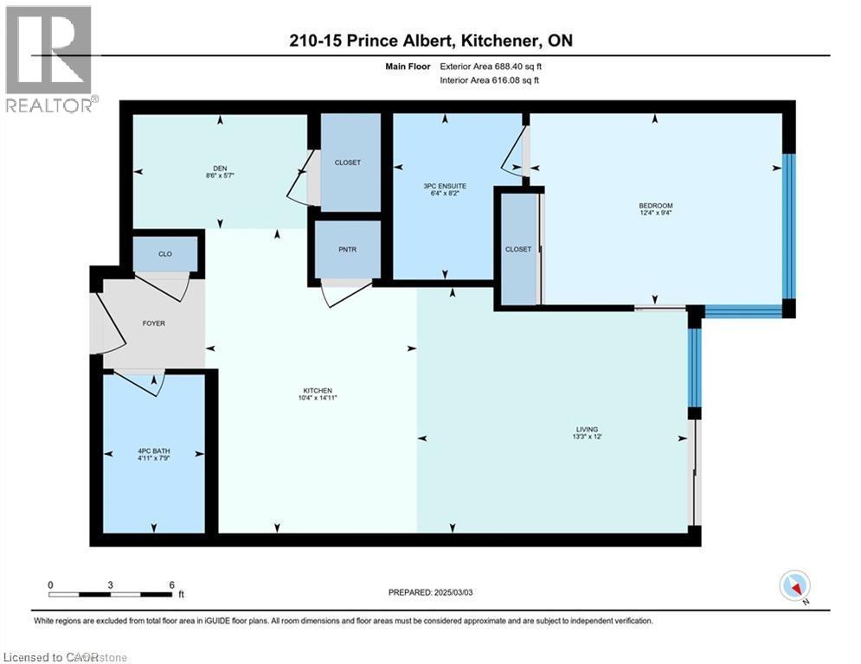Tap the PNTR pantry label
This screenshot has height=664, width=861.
(348, 250)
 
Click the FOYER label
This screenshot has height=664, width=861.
(153, 323)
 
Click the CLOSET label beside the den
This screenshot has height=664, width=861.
(347, 163)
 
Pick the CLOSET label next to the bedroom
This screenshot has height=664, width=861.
(518, 249)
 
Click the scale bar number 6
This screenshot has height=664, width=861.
(170, 584)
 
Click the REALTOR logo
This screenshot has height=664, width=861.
(50, 59)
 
